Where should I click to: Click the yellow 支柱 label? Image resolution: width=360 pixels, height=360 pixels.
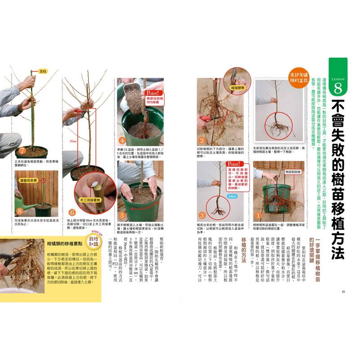pyautogui.click(x=43, y=72)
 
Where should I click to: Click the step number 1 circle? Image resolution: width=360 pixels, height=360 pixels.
pyautogui.click(x=258, y=215)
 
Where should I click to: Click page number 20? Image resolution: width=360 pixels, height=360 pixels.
pyautogui.click(x=343, y=292)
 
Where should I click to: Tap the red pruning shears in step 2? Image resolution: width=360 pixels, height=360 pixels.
pyautogui.click(x=206, y=119)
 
